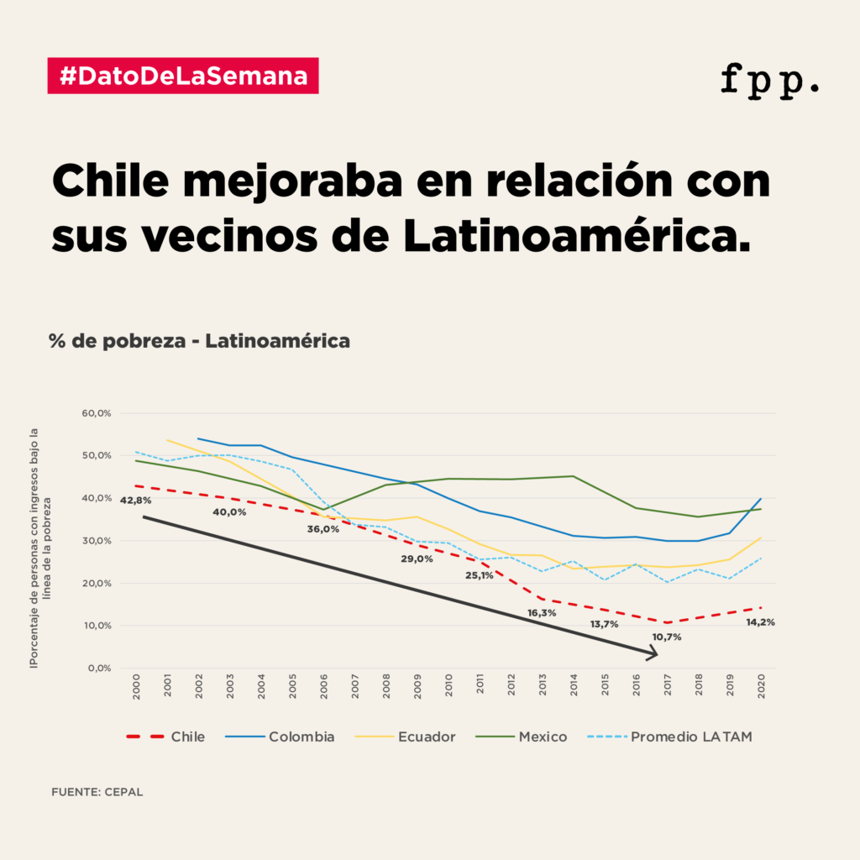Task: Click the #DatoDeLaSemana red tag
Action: (x=183, y=76)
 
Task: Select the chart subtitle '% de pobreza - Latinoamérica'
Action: (x=199, y=342)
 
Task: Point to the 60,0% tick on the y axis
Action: (x=97, y=413)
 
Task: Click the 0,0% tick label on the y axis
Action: (x=100, y=669)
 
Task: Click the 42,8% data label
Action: (x=135, y=501)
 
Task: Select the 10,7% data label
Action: (x=666, y=637)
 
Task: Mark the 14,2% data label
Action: (x=760, y=622)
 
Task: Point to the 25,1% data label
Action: (x=480, y=575)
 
